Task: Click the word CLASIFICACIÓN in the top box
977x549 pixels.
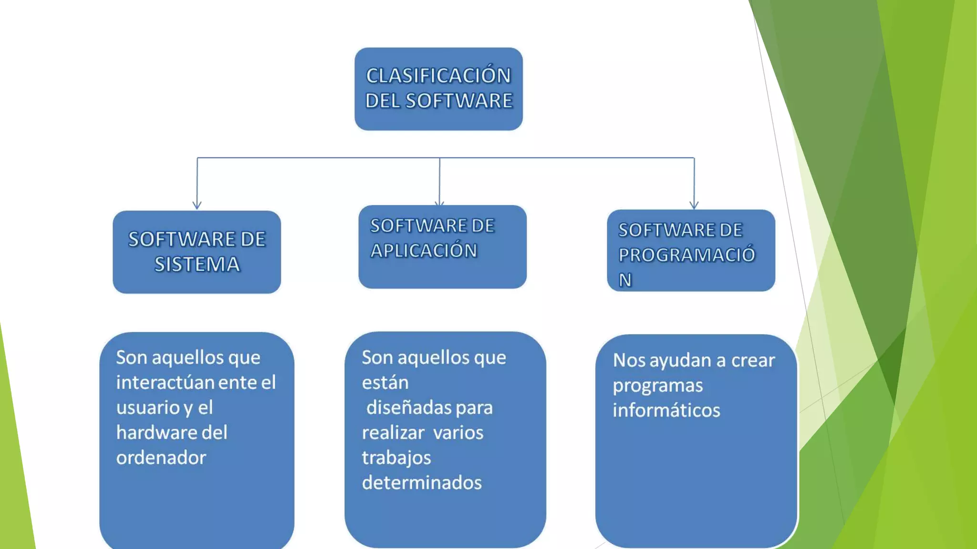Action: click(438, 76)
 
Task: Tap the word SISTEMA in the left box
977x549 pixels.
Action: click(197, 264)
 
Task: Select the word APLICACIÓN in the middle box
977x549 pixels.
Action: click(424, 251)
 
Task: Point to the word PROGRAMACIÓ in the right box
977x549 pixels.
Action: click(687, 255)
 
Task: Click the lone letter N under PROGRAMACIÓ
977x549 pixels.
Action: click(625, 280)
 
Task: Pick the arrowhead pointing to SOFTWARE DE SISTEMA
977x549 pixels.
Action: click(197, 205)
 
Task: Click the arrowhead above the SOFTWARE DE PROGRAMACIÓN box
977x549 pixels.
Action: click(694, 205)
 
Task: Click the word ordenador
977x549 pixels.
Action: click(161, 458)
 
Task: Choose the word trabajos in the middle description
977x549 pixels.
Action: click(396, 458)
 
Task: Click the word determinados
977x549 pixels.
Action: click(422, 483)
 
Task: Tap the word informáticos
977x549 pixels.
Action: click(666, 410)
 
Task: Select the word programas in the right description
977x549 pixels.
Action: click(658, 386)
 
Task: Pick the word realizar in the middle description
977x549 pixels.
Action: click(393, 433)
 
